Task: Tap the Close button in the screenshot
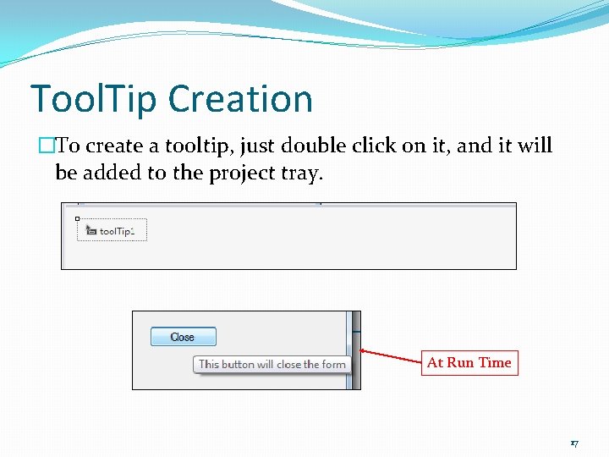183,337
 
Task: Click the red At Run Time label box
469,363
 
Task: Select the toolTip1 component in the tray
112,231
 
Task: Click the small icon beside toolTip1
91,230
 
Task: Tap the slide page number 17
574,443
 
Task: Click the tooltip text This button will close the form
272,365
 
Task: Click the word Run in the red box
460,363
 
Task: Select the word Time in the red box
495,363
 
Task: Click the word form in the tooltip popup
333,365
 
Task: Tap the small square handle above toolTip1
77,218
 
